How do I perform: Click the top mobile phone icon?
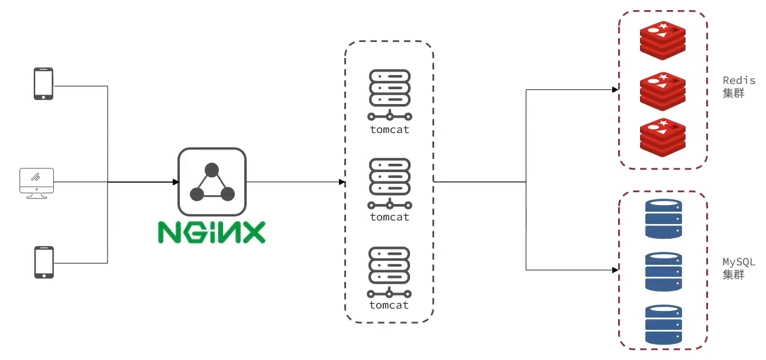point(43,83)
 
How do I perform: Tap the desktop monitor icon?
point(36,183)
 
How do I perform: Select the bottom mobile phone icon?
point(43,262)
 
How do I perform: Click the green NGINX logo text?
point(211,232)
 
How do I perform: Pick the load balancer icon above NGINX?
point(212,182)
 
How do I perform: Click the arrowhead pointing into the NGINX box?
point(175,182)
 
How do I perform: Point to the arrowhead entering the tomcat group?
point(342,182)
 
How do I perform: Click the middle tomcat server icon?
point(389,183)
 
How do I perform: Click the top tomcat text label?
point(389,129)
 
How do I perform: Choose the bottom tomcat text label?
point(389,305)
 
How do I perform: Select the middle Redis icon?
point(662,91)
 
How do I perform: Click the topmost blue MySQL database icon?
point(663,219)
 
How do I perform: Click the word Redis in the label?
point(739,80)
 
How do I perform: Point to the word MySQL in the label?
point(739,262)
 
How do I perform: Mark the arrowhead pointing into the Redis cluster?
point(616,90)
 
